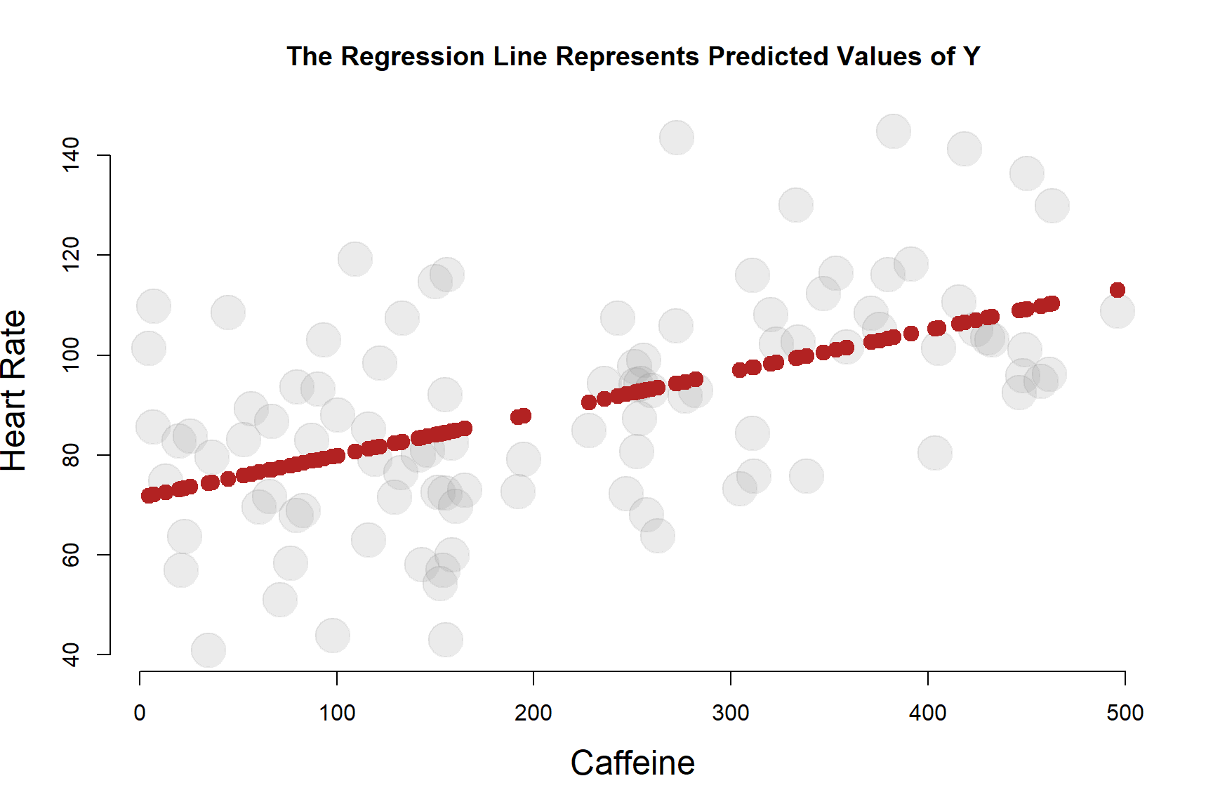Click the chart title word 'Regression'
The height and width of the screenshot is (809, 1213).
[x=413, y=57]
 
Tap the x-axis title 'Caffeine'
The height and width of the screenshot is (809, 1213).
[x=632, y=763]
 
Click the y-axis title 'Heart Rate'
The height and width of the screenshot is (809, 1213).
[x=14, y=390]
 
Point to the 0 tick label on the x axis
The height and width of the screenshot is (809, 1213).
[x=140, y=713]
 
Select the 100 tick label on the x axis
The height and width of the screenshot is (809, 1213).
[x=337, y=713]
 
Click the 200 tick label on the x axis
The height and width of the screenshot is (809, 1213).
[x=533, y=713]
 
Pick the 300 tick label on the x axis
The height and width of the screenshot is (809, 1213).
[x=731, y=713]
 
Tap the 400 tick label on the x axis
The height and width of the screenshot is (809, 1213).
[x=928, y=713]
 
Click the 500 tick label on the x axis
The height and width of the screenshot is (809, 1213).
[x=1125, y=713]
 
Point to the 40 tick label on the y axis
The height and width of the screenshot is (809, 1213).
[x=71, y=655]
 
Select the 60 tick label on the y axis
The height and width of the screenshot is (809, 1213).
[x=71, y=555]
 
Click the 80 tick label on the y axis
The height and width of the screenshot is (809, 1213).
[x=71, y=455]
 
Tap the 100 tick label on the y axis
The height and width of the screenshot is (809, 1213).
[x=71, y=355]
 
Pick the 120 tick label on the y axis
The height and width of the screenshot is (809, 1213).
[x=71, y=255]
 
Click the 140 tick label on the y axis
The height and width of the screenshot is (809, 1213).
[x=71, y=154]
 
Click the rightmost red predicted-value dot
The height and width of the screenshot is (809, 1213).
[x=1118, y=290]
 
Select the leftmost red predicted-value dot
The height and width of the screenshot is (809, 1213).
[x=148, y=496]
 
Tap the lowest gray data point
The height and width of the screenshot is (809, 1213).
[x=208, y=650]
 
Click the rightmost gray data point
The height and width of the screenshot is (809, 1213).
[x=1117, y=311]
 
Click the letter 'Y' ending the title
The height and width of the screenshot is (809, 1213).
[x=972, y=57]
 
